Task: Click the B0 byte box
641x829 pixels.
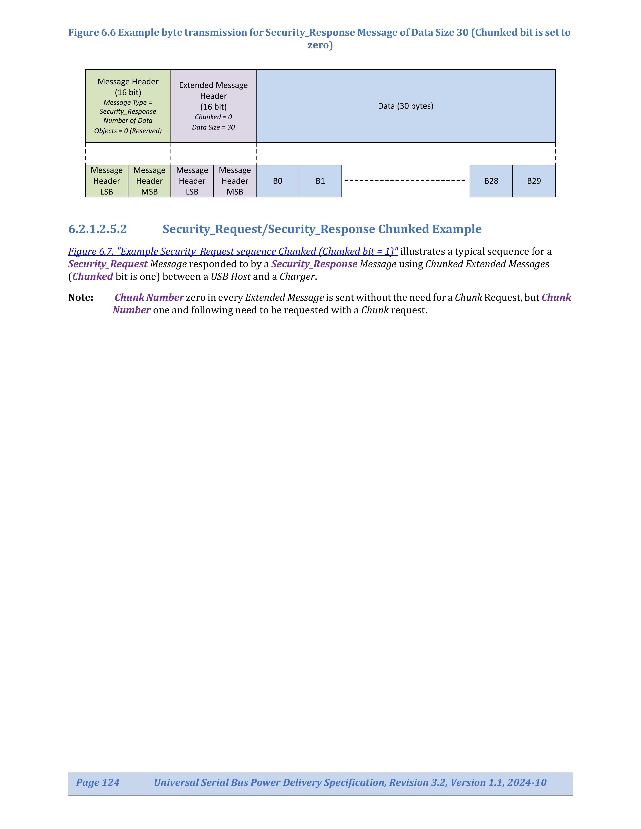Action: (x=277, y=181)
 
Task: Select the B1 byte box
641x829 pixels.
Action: (x=320, y=181)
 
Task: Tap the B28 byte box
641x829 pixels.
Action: (x=491, y=181)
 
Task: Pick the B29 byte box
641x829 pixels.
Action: (x=534, y=181)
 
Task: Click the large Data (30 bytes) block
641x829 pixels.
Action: (x=406, y=106)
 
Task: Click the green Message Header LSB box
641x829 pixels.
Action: (x=107, y=181)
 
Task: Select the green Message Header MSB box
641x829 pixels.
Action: (x=149, y=181)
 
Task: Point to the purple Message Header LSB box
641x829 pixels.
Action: (x=192, y=181)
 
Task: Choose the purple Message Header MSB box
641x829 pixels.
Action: (x=235, y=181)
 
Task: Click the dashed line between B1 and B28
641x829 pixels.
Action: (x=405, y=180)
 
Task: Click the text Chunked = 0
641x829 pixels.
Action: (x=213, y=117)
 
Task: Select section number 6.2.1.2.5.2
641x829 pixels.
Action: (x=98, y=229)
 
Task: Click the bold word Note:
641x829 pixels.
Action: (x=81, y=298)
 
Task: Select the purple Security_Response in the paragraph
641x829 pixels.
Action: (x=314, y=264)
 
